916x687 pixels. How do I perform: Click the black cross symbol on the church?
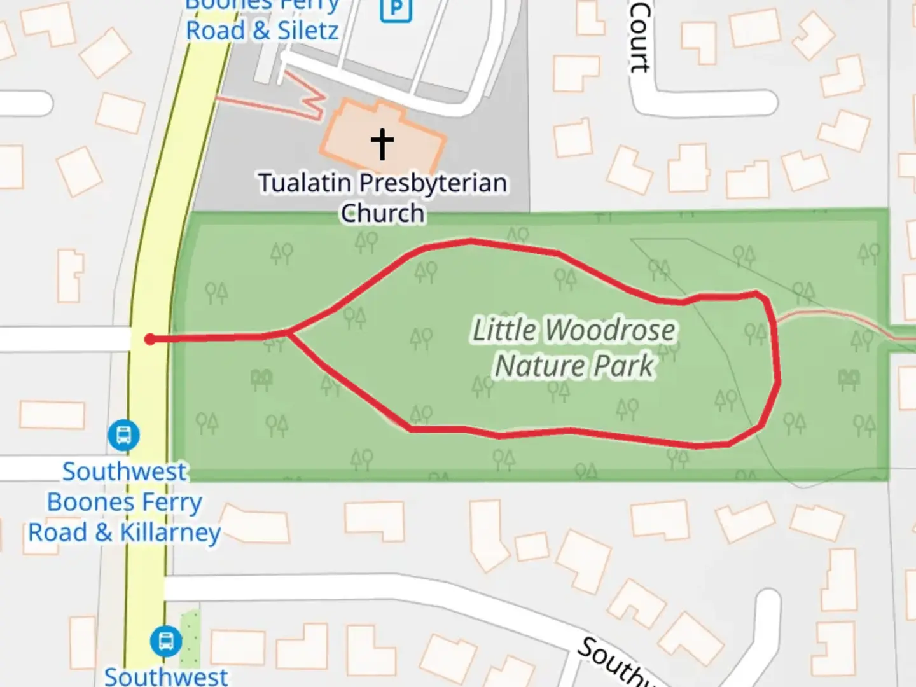click(382, 144)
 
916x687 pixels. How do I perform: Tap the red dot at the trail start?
click(150, 339)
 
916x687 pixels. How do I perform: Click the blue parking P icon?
click(396, 8)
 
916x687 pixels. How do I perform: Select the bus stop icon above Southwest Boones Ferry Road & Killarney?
click(123, 436)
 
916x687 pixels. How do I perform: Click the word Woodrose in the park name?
click(609, 331)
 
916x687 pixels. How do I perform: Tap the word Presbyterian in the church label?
click(433, 183)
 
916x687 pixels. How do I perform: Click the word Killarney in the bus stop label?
click(170, 532)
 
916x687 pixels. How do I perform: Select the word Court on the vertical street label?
click(640, 37)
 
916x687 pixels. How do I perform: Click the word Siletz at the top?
click(308, 31)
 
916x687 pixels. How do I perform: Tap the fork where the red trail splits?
click(288, 332)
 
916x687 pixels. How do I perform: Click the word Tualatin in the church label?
click(305, 183)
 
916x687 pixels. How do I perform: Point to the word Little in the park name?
click(504, 331)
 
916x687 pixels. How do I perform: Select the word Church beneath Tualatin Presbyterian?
click(382, 214)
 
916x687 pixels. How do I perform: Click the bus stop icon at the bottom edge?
click(166, 641)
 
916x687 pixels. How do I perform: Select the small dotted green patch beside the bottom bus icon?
click(190, 638)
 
